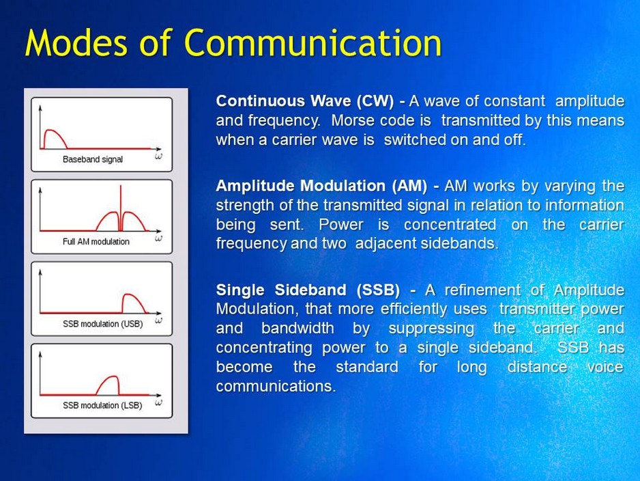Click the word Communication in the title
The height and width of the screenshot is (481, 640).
[313, 43]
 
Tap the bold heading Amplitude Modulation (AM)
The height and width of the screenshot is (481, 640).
[322, 186]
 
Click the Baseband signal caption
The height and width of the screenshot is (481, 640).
[93, 160]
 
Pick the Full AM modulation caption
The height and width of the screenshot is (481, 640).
[96, 242]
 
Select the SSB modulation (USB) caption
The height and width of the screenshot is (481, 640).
[102, 324]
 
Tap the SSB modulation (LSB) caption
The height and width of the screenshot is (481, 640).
[102, 406]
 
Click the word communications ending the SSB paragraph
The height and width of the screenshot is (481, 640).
[276, 387]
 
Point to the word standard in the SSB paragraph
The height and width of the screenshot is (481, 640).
[367, 368]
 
